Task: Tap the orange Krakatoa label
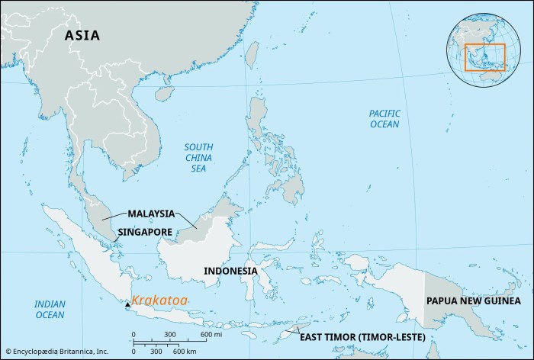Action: tap(158, 301)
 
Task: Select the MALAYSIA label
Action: tap(151, 214)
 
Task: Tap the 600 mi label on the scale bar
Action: tap(211, 336)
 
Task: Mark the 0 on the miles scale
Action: tap(133, 336)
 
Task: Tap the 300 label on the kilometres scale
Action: tap(157, 351)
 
